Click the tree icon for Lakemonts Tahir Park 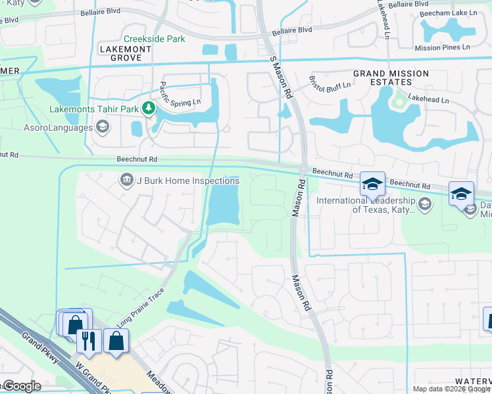click(x=149, y=108)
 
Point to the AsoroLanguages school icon click(x=102, y=127)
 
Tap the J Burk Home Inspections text click(x=187, y=181)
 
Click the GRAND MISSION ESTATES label click(x=391, y=77)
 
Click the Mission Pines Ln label click(x=442, y=48)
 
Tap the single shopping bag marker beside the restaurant click(x=116, y=341)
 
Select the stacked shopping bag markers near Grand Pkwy click(x=74, y=323)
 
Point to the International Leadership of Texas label click(x=366, y=205)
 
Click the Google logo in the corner click(x=21, y=386)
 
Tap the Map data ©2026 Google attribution click(x=451, y=389)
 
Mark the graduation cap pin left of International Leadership click(x=372, y=184)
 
